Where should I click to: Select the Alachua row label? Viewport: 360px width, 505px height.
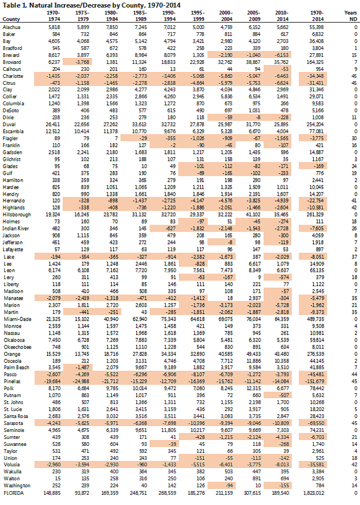click(11, 26)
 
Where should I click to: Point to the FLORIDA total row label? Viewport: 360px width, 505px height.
click(14, 493)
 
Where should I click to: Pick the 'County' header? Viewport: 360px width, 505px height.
click(11, 20)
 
